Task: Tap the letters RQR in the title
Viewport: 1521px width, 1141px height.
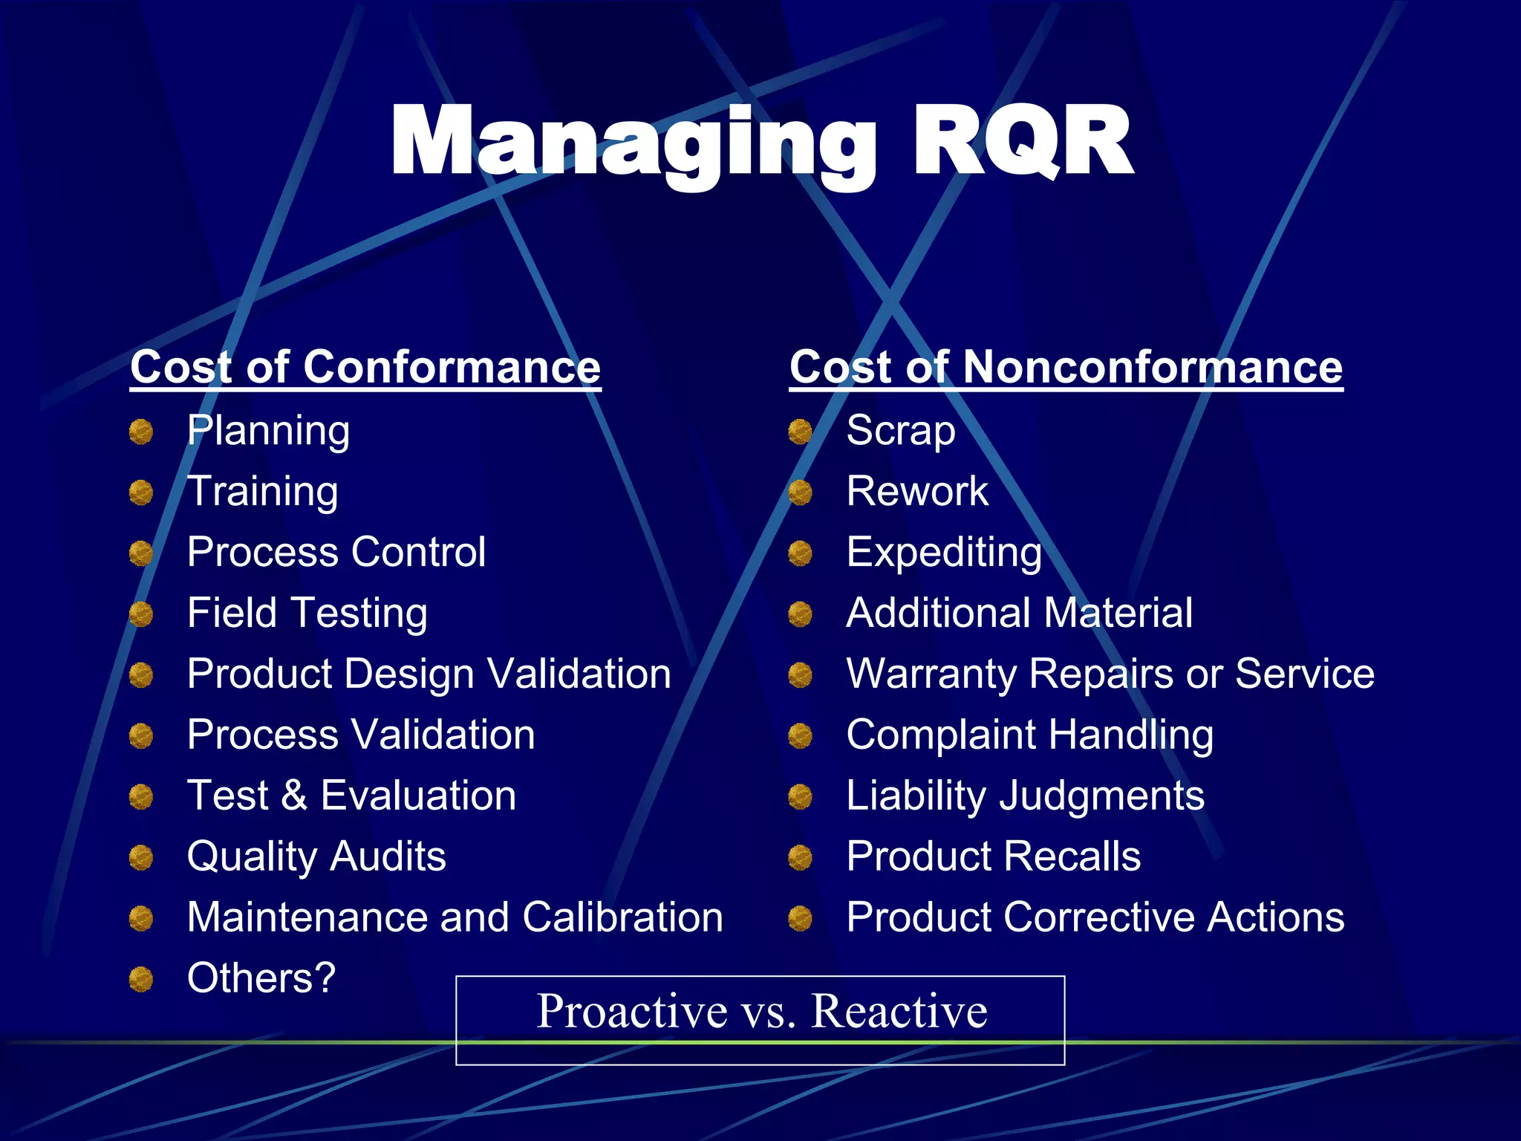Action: click(x=1021, y=141)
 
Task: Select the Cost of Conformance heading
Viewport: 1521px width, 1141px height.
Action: click(x=365, y=367)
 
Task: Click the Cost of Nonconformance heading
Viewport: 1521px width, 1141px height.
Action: click(x=1066, y=367)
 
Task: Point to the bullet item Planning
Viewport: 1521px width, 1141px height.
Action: click(x=268, y=431)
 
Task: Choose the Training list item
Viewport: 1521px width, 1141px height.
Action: click(x=262, y=492)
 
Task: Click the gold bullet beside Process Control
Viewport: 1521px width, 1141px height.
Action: click(x=140, y=553)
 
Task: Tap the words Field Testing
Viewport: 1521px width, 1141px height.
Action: click(x=307, y=614)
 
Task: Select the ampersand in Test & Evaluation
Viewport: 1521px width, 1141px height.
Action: click(x=294, y=796)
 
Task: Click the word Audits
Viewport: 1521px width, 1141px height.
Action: click(x=388, y=856)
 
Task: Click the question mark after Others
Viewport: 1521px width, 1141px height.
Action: click(x=325, y=978)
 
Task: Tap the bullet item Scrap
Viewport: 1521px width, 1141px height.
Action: click(x=900, y=431)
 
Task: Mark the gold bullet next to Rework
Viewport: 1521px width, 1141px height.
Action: click(x=800, y=493)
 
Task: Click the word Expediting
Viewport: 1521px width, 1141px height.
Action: click(x=944, y=553)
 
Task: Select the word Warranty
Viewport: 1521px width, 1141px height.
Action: click(x=931, y=674)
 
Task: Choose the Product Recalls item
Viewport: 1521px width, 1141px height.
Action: click(x=993, y=856)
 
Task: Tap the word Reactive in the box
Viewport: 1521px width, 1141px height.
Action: click(x=899, y=1011)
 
